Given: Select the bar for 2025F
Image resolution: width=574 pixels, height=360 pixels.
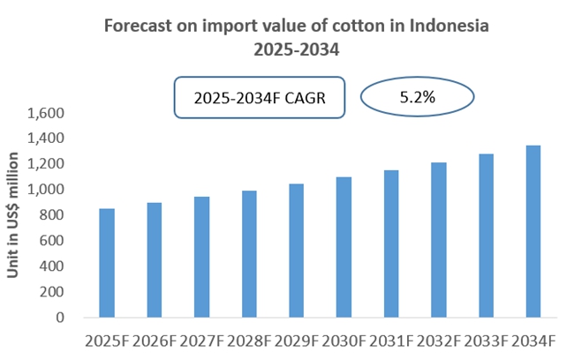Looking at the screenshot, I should coord(107,263).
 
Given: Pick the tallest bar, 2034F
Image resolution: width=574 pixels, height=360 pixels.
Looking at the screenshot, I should coord(534,231).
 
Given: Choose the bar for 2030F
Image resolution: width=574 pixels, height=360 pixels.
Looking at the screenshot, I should coord(344,247).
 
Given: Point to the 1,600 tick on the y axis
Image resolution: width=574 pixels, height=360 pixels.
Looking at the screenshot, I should coord(47,114).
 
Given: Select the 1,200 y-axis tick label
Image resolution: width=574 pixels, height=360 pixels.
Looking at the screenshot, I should coord(47,164).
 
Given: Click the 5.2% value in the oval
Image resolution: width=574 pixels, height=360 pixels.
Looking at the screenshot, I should coord(418,98).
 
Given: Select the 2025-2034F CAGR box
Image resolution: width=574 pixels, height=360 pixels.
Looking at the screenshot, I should coord(259,98).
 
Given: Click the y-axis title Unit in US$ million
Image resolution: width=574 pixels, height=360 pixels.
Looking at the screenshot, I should coord(14,215).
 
